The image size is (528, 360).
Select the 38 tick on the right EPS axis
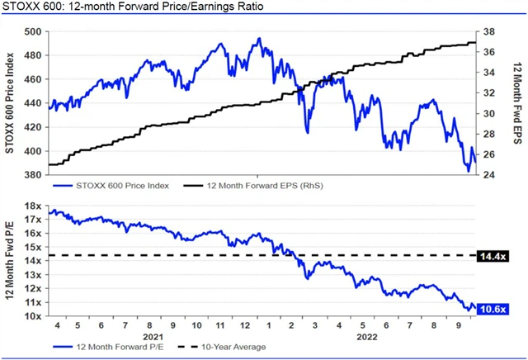[x=488, y=32]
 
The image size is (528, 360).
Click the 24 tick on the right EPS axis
[x=488, y=175]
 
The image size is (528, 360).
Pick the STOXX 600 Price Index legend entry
[x=115, y=186]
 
